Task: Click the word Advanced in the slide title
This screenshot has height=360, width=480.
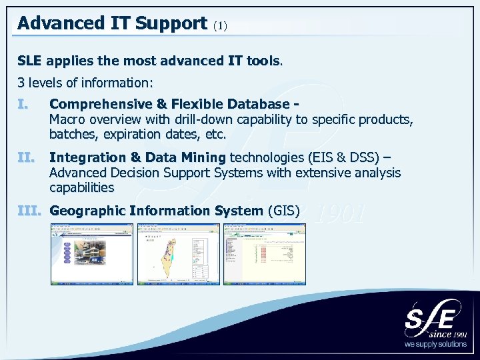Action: pos(54,23)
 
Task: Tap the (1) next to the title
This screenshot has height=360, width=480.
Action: pos(220,26)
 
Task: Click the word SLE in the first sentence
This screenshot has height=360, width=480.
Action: pos(29,61)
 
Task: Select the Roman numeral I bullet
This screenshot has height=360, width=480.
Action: pos(23,105)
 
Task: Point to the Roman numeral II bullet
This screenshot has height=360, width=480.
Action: pos(25,158)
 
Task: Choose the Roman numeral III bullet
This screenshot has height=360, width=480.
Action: pos(29,211)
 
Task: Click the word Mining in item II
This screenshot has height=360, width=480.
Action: pos(203,158)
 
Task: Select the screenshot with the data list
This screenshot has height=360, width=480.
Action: pos(264,254)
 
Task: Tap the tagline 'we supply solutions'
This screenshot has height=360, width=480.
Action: pos(436,345)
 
